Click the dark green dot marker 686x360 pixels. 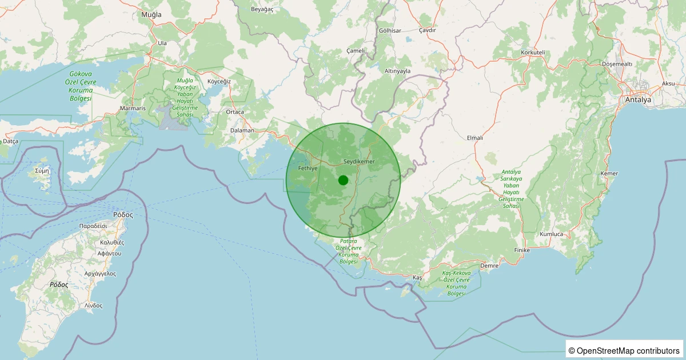[343, 180]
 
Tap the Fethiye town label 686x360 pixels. [308, 169]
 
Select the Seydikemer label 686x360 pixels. [359, 162]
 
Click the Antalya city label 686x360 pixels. [638, 99]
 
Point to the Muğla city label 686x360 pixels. [151, 14]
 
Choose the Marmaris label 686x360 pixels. [133, 108]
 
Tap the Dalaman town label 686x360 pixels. [242, 130]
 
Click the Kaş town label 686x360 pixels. [417, 277]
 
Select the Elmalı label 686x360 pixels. [475, 138]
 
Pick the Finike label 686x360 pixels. [523, 250]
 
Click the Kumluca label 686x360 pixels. [552, 234]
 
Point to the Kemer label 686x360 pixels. [609, 173]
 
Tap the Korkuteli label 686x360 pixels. [533, 53]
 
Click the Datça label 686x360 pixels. [10, 141]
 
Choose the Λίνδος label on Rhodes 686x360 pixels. [93, 306]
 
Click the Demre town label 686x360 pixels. [489, 266]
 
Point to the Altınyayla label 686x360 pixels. [397, 71]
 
